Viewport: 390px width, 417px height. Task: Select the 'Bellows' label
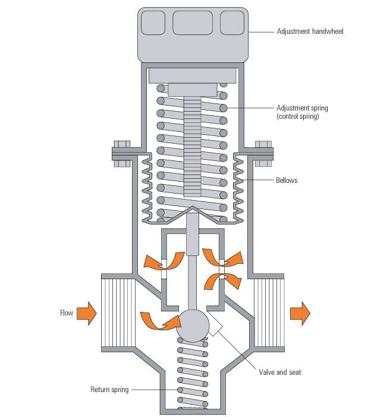pyautogui.click(x=287, y=180)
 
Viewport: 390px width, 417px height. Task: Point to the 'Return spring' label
pyautogui.click(x=109, y=390)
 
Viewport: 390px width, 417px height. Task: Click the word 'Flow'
pyautogui.click(x=66, y=312)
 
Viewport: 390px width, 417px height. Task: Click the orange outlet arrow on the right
pyautogui.click(x=300, y=312)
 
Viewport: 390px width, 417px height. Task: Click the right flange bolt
pyautogui.click(x=262, y=153)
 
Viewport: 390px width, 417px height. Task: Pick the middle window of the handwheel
pyautogui.click(x=191, y=23)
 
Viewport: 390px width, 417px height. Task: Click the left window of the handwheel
pyautogui.click(x=153, y=23)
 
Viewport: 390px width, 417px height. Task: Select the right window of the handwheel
pyautogui.click(x=232, y=23)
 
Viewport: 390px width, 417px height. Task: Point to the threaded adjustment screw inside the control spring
pyautogui.click(x=193, y=149)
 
